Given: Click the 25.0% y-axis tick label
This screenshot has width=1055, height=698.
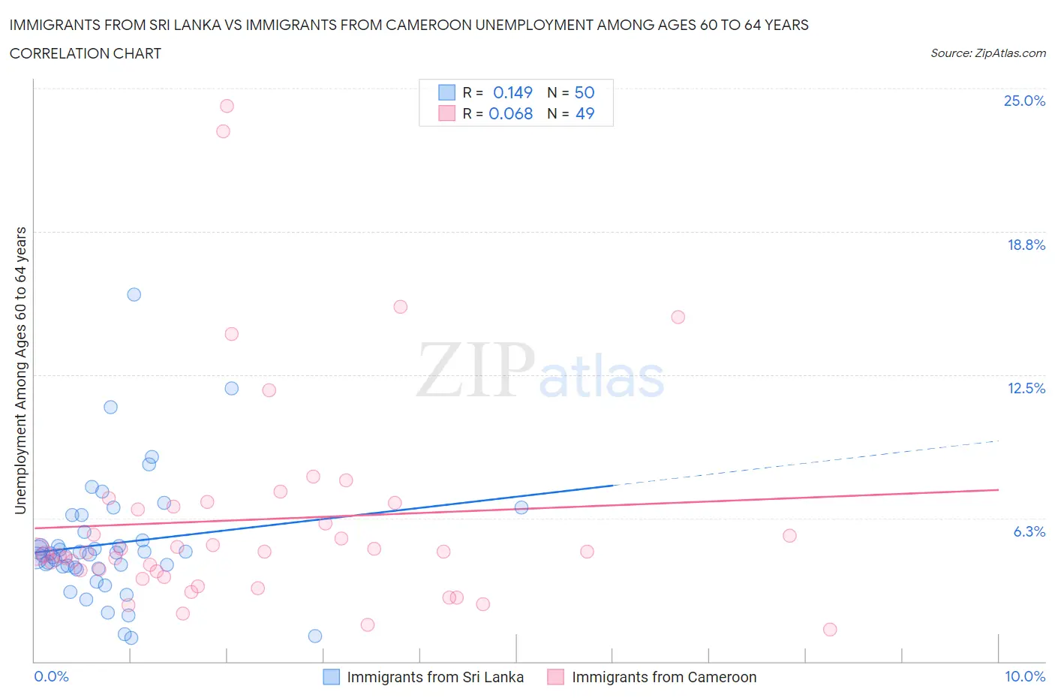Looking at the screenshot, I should [1024, 101].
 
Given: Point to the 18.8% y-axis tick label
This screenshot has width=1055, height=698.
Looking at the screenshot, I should [1026, 245].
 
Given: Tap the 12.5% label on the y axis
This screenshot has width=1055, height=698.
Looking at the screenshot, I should [1026, 388].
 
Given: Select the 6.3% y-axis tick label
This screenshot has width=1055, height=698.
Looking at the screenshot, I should [1029, 531].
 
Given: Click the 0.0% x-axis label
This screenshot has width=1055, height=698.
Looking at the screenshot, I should [51, 676].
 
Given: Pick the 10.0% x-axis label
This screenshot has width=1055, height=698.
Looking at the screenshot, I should [1025, 676].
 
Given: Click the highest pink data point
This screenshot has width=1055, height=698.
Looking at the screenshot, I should [227, 106].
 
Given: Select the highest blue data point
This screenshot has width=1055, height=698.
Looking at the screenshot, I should [134, 294].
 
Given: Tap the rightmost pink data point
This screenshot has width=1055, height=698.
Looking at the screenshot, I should [830, 630].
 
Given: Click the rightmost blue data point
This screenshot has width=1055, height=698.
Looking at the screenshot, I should [521, 507].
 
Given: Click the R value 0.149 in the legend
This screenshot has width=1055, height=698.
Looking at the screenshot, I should [512, 92].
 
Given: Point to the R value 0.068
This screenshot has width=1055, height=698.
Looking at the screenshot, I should [511, 113].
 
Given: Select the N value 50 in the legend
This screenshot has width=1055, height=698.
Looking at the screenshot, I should [585, 92].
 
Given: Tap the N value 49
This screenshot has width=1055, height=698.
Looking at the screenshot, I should [585, 113].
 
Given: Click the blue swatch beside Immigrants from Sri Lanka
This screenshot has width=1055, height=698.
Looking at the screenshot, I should [331, 676].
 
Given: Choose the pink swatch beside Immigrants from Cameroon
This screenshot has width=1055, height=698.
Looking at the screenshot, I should [555, 676].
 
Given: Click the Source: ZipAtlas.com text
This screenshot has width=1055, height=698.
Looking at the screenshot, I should [987, 53].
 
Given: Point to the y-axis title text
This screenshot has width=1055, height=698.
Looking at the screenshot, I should [21, 371].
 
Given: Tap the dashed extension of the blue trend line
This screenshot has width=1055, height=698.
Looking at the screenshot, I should [810, 462].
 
